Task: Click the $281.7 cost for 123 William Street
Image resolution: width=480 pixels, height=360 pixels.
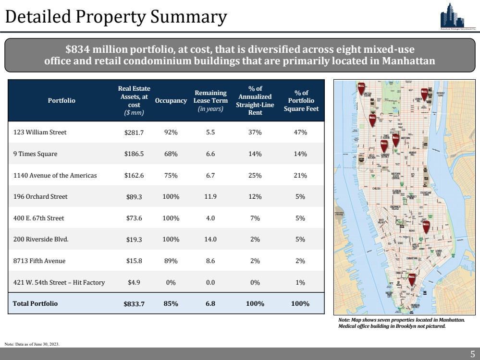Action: click(x=134, y=132)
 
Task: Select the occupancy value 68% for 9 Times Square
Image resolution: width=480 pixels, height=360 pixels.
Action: click(x=171, y=154)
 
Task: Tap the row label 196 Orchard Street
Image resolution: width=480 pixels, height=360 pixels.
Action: click(x=40, y=196)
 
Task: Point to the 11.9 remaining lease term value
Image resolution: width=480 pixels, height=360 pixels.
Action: click(x=210, y=196)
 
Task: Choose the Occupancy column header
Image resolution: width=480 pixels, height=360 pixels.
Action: click(x=171, y=101)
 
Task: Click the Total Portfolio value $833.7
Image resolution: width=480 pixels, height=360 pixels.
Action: click(x=134, y=304)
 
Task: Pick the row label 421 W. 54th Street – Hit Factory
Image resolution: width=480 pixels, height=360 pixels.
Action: click(x=59, y=282)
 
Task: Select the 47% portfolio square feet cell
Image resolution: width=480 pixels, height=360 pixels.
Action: click(x=301, y=132)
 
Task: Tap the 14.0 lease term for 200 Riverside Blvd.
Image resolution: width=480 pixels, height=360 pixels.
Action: click(x=210, y=239)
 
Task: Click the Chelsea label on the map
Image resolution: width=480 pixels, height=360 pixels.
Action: click(x=377, y=189)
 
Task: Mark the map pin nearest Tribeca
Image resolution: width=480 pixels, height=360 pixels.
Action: click(x=412, y=278)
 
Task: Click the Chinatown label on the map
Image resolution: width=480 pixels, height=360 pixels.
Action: click(x=412, y=258)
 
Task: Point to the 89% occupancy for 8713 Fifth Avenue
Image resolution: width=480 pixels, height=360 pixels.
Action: click(x=171, y=261)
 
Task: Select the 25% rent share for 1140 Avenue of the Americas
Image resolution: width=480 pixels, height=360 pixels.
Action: click(x=255, y=175)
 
